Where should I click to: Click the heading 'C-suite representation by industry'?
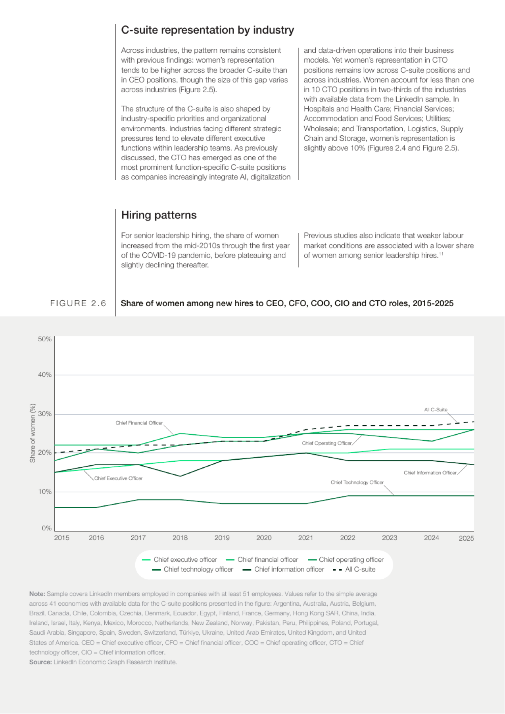pos(207,30)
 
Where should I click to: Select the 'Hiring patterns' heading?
pos(159,215)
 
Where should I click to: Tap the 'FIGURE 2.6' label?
pos(78,303)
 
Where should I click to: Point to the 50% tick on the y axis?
pos(45,339)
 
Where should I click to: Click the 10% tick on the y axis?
pos(45,492)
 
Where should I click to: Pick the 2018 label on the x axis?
pos(180,538)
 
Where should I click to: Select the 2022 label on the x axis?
pos(348,538)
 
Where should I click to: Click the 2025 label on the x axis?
pos(466,538)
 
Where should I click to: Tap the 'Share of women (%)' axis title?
pos(33,433)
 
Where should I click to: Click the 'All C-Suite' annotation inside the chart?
pos(436,410)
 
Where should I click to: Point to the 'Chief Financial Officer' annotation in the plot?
pos(139,423)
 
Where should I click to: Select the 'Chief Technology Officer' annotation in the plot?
pos(357,482)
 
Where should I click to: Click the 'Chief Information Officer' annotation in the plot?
pos(430,473)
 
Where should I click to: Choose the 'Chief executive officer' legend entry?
pos(180,560)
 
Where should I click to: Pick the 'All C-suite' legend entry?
pos(355,570)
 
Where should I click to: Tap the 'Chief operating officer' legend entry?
pos(346,560)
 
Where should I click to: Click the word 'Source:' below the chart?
pos(40,662)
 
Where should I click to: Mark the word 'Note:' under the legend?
pos(37,594)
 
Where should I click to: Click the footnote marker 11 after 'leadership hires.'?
pos(441,254)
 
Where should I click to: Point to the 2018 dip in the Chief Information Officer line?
pos(180,476)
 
